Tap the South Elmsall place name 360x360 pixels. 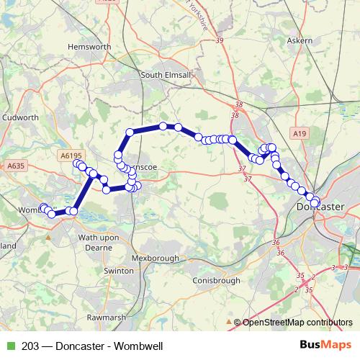click(x=165, y=74)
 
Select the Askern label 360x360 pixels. click(x=299, y=40)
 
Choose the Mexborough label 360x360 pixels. click(x=156, y=258)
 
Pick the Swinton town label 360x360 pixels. click(x=119, y=271)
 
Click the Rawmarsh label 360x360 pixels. click(x=106, y=316)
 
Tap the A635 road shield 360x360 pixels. click(x=16, y=166)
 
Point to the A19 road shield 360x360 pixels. click(x=300, y=133)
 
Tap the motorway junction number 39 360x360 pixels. click(x=220, y=40)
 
